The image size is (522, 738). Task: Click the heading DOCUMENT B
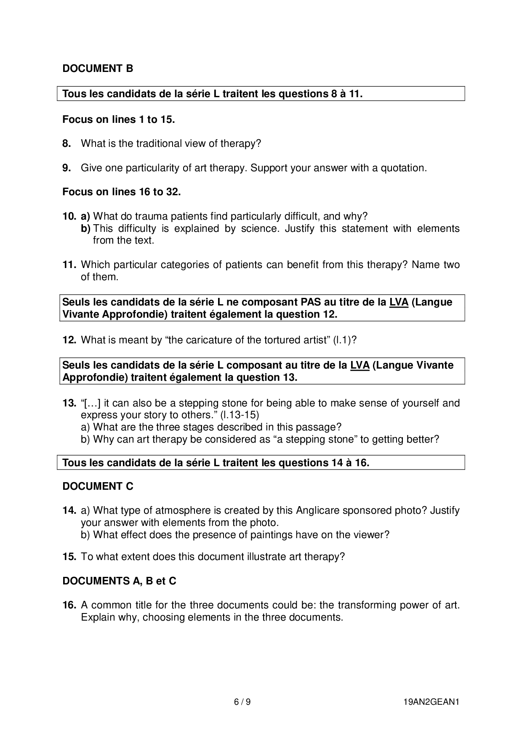(x=98, y=69)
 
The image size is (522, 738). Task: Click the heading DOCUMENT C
(x=98, y=486)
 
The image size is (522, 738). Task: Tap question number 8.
(x=67, y=144)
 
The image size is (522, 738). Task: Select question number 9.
(x=67, y=168)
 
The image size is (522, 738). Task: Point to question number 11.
(x=69, y=265)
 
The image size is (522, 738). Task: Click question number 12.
(x=69, y=340)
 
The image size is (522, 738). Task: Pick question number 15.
(x=69, y=557)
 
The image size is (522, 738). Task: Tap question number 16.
(x=69, y=605)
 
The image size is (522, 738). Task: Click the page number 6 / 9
(x=242, y=702)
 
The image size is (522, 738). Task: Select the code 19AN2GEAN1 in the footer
(x=431, y=702)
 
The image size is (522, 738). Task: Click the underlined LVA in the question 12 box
(x=399, y=303)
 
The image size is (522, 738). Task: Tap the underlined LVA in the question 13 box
(x=360, y=365)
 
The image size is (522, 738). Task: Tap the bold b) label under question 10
(x=85, y=229)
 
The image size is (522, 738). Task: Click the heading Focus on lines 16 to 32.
(x=121, y=192)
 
